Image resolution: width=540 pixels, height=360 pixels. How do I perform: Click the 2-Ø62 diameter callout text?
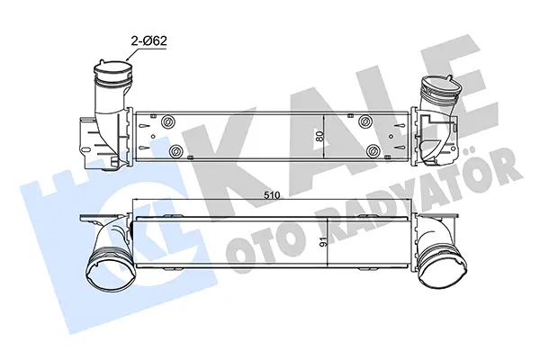coord(148,41)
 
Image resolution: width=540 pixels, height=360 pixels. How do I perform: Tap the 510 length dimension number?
coord(272,195)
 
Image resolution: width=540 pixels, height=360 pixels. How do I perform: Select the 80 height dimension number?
coord(319,137)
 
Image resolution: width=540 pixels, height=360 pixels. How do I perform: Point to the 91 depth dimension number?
coord(323,242)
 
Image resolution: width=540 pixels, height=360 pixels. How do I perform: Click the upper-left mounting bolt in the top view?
coord(168,121)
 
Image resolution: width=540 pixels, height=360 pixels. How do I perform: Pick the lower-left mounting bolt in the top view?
coord(175,151)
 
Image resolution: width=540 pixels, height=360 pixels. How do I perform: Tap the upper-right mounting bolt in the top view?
coord(364,121)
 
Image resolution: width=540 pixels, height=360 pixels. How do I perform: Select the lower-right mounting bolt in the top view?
coord(372,150)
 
